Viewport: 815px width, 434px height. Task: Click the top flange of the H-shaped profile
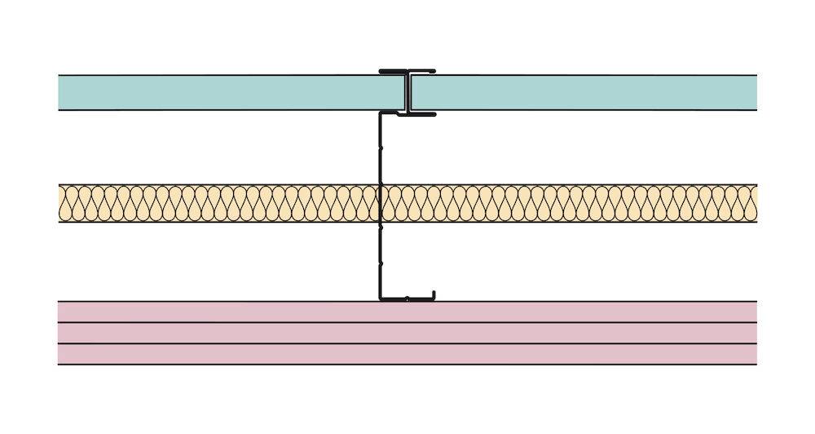pyautogui.click(x=407, y=71)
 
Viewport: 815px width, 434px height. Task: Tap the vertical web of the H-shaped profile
pyautogui.click(x=407, y=92)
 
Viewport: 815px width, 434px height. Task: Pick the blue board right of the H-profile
pyautogui.click(x=587, y=92)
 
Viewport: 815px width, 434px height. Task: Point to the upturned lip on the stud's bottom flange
pyautogui.click(x=433, y=294)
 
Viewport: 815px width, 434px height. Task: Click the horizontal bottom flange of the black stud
pyautogui.click(x=406, y=299)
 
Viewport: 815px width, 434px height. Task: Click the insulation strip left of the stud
pyautogui.click(x=220, y=203)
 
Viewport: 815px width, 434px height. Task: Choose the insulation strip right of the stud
pyautogui.click(x=570, y=203)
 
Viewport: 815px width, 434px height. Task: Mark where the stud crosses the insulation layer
pyautogui.click(x=381, y=203)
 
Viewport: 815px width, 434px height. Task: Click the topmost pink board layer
pyautogui.click(x=407, y=312)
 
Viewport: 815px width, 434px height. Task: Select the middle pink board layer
pyautogui.click(x=407, y=333)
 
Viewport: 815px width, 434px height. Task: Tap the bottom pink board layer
pyautogui.click(x=407, y=354)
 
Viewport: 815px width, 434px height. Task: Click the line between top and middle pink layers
pyautogui.click(x=407, y=322)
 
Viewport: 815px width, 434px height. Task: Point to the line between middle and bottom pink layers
pyautogui.click(x=407, y=343)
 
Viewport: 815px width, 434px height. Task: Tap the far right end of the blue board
pyautogui.click(x=753, y=92)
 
